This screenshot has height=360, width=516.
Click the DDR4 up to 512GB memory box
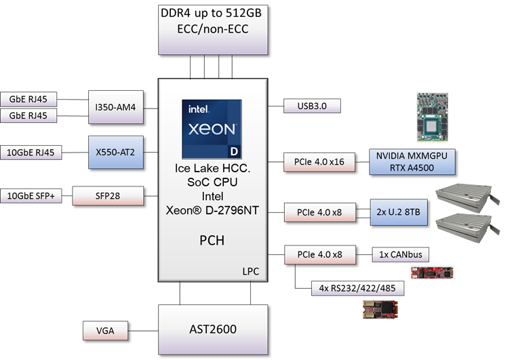point(212,28)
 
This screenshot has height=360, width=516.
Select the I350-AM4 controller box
point(115,106)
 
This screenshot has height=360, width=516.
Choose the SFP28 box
point(108,196)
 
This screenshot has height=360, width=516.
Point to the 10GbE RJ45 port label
point(31,153)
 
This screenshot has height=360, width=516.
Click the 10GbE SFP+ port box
point(31,196)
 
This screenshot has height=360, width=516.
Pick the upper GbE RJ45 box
point(28,100)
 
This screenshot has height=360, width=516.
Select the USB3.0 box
point(312,106)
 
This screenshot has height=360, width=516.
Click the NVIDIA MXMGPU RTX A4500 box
point(405,162)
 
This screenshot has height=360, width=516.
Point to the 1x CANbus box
point(400,255)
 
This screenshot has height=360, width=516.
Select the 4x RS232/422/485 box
point(357,287)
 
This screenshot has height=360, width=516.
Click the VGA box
point(105,331)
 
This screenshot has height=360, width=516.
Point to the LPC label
point(250,271)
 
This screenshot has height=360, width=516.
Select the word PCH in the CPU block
point(212,241)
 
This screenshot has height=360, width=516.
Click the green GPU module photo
point(434,117)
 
